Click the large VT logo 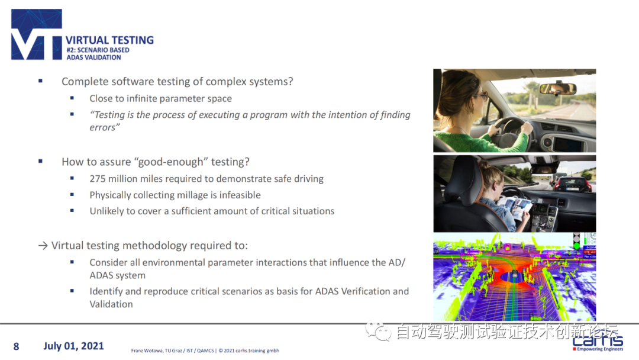click(x=37, y=34)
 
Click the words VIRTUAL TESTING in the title click(x=109, y=40)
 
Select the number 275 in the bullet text click(x=98, y=179)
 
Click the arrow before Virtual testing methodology click(x=43, y=246)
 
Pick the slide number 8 click(x=17, y=346)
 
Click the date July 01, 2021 click(x=74, y=346)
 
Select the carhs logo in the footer click(x=598, y=342)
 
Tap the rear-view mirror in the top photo click(x=557, y=88)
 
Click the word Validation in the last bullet click(x=111, y=304)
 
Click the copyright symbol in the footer click(x=221, y=351)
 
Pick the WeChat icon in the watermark click(x=378, y=331)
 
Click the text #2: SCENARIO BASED click(x=98, y=50)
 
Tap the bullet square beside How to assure click(x=40, y=162)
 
